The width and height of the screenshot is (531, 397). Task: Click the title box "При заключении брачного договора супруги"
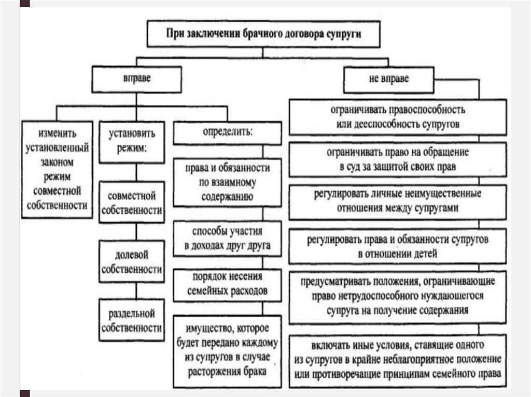tap(263, 34)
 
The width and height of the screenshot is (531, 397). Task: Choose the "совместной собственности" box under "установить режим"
tap(132, 203)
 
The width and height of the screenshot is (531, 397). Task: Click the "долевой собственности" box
tap(132, 262)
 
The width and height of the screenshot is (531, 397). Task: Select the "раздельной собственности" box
tap(132, 320)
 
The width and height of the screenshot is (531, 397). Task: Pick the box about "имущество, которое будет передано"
tap(228, 350)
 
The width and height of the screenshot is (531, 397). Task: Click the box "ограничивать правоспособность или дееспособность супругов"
tap(398, 117)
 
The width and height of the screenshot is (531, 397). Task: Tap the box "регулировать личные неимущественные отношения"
tap(398, 201)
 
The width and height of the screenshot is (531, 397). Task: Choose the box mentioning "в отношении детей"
tap(398, 247)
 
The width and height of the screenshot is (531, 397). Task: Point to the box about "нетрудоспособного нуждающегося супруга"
tap(398, 297)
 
